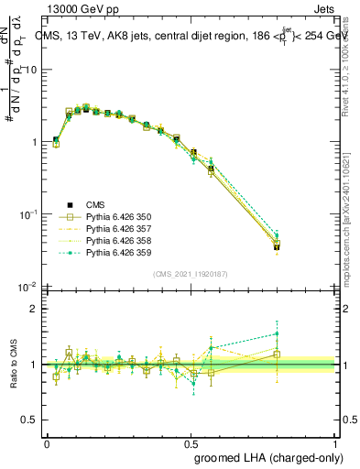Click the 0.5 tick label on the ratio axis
tap(32, 420)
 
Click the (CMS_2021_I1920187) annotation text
tap(190, 274)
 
